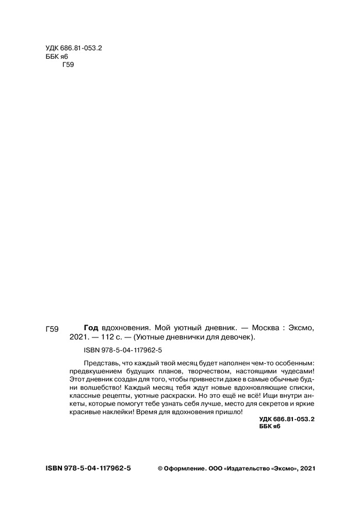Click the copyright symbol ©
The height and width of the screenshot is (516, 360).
pyautogui.click(x=159, y=469)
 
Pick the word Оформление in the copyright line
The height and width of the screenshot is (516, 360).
pyautogui.click(x=185, y=469)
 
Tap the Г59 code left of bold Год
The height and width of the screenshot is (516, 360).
pyautogui.click(x=53, y=328)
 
